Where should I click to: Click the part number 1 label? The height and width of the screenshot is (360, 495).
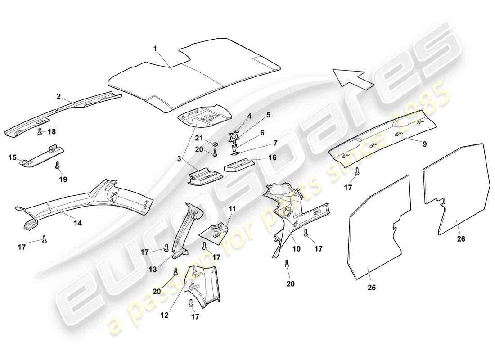(x=155, y=48)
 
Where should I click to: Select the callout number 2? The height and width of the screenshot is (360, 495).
(x=58, y=96)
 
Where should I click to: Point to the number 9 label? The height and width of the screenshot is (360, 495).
(x=425, y=144)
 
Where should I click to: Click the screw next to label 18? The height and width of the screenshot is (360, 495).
(x=40, y=132)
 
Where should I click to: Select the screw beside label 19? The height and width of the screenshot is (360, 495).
(x=57, y=166)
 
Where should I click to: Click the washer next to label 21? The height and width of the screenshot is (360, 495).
(x=215, y=144)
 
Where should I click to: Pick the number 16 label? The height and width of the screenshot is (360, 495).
(x=273, y=157)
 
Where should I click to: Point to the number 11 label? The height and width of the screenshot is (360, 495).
(x=232, y=208)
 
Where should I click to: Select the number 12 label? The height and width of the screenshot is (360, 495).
(x=164, y=315)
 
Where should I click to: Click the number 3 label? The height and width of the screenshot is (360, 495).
(x=180, y=159)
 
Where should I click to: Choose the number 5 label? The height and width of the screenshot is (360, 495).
(x=268, y=115)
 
